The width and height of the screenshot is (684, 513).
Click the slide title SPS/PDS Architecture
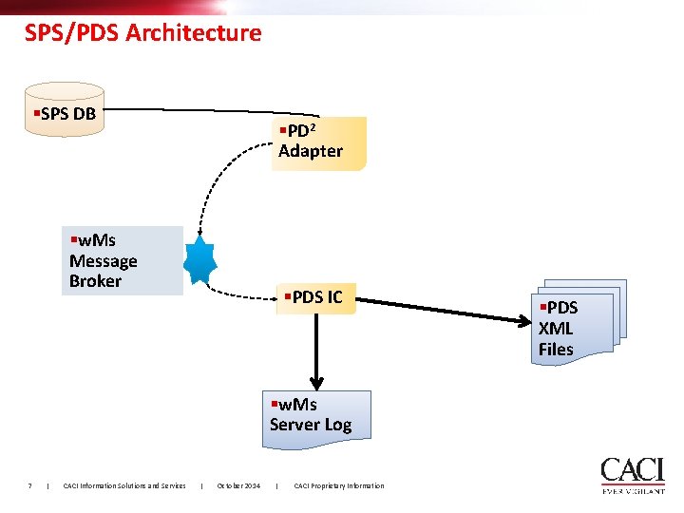tap(142, 33)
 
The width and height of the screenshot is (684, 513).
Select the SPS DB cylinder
tap(65, 112)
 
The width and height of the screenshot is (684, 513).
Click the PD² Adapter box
tap(318, 142)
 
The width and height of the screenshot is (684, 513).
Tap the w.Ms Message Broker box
tap(122, 260)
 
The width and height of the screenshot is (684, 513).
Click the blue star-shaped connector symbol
tap(200, 258)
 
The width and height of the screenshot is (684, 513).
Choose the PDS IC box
tap(313, 297)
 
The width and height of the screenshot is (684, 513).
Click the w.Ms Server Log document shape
tap(316, 415)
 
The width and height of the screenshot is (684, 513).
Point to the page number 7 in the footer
tap(30, 485)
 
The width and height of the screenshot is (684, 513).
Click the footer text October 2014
tap(238, 485)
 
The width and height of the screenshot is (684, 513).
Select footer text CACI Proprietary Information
tap(339, 485)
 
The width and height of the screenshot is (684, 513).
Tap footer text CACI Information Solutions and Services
tap(124, 485)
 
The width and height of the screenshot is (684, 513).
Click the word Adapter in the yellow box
tap(311, 151)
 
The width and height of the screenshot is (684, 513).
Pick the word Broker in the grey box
tap(95, 281)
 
